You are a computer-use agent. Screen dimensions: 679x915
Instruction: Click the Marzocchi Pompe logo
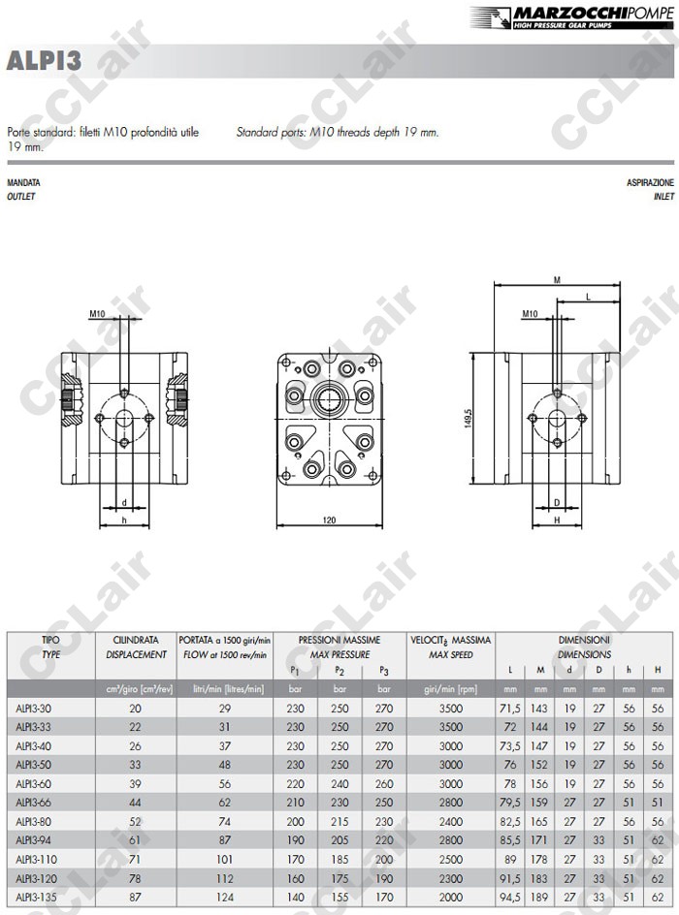pos(572,16)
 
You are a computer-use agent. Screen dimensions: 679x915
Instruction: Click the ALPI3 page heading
pos(44,61)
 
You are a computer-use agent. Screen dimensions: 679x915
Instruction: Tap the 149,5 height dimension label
pos(469,418)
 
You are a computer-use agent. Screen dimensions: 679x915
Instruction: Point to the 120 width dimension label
pos(329,520)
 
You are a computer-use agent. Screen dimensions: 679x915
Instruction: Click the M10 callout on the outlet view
pos(97,314)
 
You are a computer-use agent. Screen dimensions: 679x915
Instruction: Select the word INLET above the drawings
pos(663,197)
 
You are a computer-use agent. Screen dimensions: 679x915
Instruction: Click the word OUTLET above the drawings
pos(21,197)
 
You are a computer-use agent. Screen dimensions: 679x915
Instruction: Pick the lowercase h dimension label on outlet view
pos(124,520)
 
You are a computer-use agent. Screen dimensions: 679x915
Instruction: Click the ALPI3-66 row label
pos(33,803)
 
